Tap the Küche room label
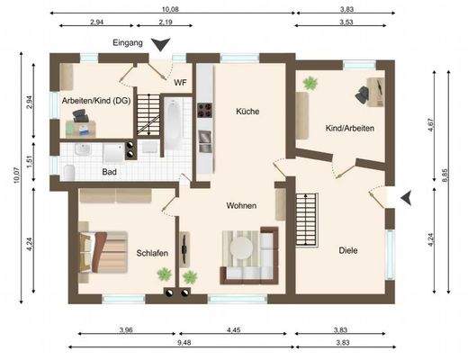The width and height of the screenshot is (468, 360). [247, 112]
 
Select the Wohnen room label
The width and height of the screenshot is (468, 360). [241, 205]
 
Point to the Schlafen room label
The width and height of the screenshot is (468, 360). [153, 253]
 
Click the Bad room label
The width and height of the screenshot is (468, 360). [109, 171]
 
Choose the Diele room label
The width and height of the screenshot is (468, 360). [349, 250]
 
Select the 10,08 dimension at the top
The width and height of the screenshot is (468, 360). [171, 9]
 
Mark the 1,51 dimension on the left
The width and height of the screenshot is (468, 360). [30, 161]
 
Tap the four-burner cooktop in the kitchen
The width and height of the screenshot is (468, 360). [204, 112]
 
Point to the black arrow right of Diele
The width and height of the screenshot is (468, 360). [407, 196]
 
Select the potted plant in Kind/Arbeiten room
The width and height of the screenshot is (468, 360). [311, 83]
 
